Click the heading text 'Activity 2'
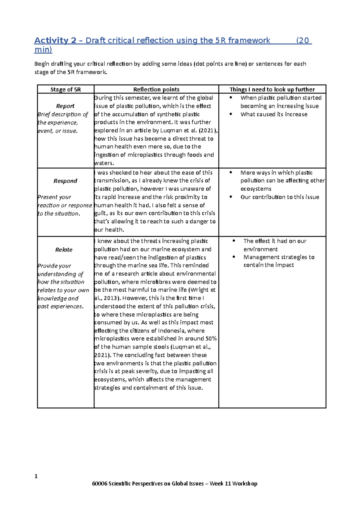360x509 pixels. coord(55,40)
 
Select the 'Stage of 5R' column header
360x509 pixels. coord(65,89)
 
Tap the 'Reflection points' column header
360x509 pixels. coord(156,89)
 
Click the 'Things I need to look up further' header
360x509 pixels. coord(272,89)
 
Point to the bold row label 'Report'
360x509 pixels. coord(65,106)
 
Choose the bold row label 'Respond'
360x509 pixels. coord(65,181)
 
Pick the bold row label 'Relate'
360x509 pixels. coord(64,249)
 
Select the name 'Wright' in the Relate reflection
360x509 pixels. coord(199,290)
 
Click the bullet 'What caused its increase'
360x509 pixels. coord(274,114)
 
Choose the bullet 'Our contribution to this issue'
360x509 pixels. coord(280,197)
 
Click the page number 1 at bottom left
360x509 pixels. coord(36,476)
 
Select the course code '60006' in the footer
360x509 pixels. coord(100,484)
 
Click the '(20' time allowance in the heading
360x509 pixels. coord(303,40)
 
